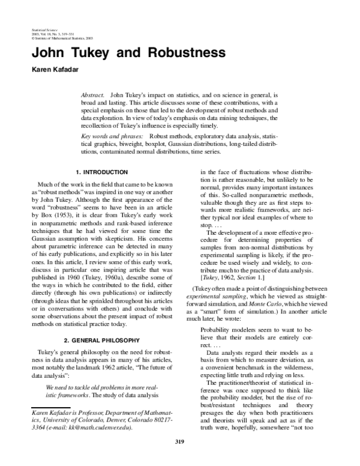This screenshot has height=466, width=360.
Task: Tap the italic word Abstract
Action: tap(93, 95)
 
